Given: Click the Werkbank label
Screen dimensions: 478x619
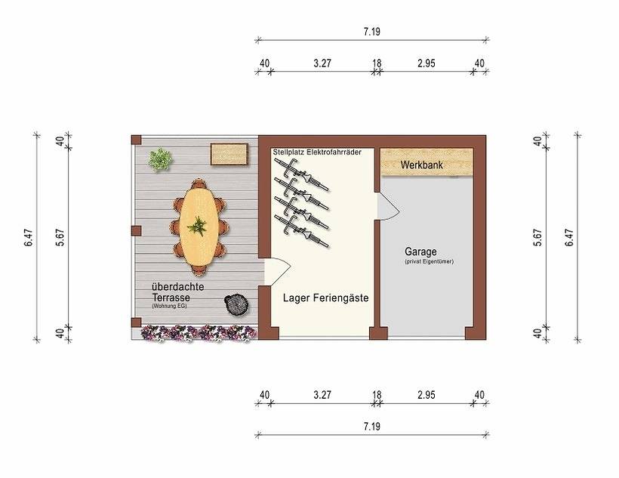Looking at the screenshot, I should [421, 164].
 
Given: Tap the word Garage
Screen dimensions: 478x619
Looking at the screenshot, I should [420, 251].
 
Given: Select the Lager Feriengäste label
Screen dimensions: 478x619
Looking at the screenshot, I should [325, 298].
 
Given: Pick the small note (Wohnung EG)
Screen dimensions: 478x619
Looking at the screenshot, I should [169, 307].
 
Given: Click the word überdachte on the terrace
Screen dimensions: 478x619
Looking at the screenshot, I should [177, 288].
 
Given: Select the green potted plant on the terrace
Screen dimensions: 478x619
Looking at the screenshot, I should [160, 159].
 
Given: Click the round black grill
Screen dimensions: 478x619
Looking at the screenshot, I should [237, 304].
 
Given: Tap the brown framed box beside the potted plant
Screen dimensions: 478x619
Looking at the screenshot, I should [229, 155].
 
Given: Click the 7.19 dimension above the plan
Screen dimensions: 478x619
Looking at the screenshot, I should [371, 32].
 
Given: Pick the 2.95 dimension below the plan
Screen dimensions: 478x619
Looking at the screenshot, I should [426, 394].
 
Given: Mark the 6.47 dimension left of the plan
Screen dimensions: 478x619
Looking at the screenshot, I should [28, 238].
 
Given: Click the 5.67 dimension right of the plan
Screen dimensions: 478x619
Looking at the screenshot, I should [537, 238].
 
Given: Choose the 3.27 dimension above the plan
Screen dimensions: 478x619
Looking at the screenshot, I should [322, 63].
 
